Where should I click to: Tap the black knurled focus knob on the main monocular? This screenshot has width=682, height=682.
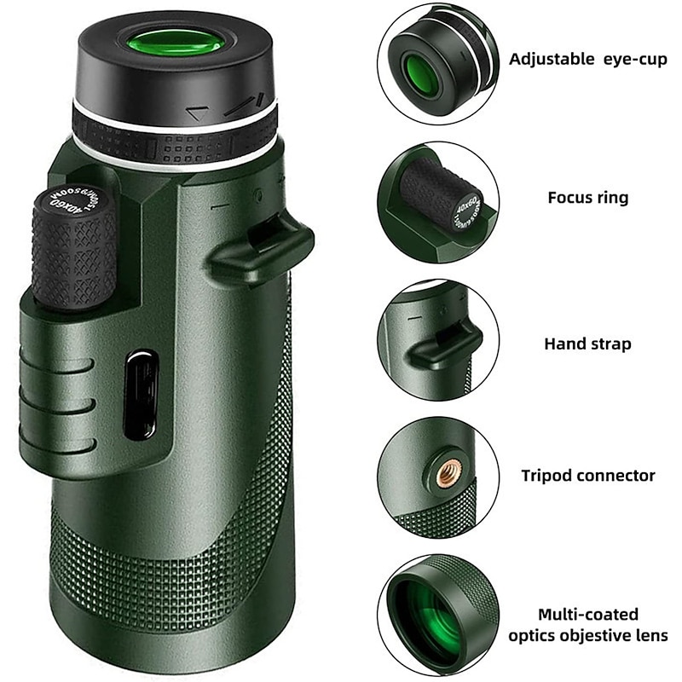pos(75,251)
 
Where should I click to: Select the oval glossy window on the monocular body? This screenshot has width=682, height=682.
pos(140,396)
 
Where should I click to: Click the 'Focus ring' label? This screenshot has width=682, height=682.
pos(587,198)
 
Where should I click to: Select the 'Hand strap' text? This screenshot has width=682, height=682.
pos(587,344)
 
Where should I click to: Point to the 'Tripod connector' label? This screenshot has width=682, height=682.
pos(587,476)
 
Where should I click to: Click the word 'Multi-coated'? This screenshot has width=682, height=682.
pos(587,614)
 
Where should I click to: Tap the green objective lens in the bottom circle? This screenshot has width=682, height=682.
pos(426,612)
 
